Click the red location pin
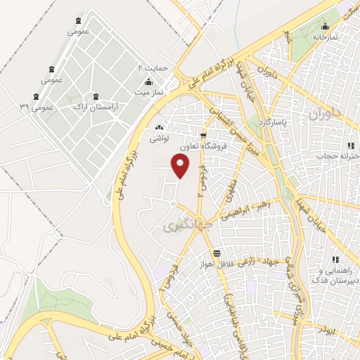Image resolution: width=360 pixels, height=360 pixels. [x=181, y=166]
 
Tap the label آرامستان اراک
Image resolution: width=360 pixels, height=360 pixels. [x=96, y=106]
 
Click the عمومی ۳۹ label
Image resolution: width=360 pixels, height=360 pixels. [x=37, y=107]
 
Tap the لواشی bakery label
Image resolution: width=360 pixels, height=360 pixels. [x=159, y=139]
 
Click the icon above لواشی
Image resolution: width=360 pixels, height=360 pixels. [x=159, y=128]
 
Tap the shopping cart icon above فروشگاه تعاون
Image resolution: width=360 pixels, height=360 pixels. [x=203, y=136]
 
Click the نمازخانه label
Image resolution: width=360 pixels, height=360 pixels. [x=326, y=36]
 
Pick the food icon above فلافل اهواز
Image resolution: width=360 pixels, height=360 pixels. [x=217, y=253]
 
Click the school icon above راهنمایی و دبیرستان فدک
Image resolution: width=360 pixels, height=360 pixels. [x=335, y=260]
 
